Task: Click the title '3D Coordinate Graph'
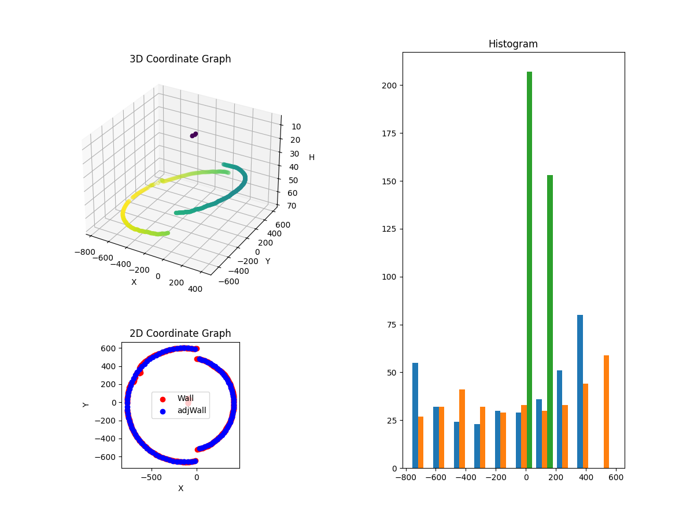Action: coord(180,59)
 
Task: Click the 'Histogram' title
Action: coord(513,44)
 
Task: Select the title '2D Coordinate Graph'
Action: coord(180,333)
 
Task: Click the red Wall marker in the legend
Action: coord(163,399)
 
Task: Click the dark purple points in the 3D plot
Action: coord(194,135)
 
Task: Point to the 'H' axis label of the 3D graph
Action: coord(312,157)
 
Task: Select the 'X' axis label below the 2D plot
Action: coord(180,488)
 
